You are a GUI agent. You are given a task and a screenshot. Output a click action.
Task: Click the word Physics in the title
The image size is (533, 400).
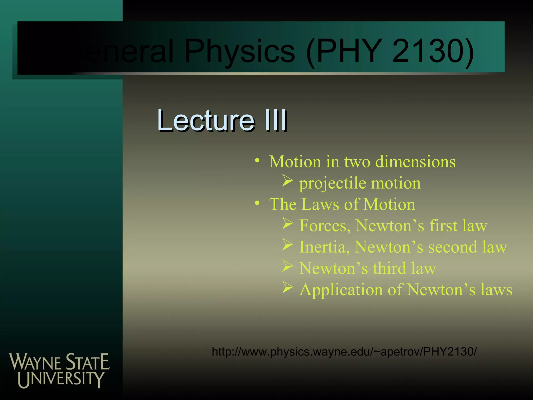[239, 51]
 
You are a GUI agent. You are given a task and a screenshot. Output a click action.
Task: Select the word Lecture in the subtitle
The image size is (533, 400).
[206, 120]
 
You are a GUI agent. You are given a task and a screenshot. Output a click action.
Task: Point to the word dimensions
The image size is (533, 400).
[415, 162]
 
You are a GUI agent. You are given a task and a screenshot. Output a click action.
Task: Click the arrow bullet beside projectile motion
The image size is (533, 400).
[288, 180]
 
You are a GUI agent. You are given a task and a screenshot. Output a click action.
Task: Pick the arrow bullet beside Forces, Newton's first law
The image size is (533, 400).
[288, 223]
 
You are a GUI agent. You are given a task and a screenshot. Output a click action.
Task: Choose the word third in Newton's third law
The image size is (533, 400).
[389, 268]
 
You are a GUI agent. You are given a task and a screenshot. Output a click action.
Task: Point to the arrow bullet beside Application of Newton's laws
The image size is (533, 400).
[288, 287]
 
